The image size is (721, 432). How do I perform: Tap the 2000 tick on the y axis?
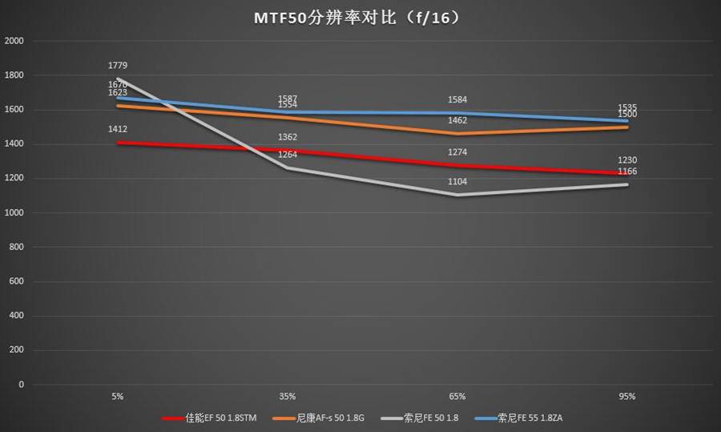point(15,41)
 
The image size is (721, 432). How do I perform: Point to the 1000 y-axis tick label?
point(15,212)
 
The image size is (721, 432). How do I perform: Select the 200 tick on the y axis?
point(18,350)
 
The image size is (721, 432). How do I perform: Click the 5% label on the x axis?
point(118,396)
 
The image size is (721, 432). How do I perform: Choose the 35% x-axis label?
point(288,396)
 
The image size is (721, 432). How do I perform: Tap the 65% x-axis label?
point(457,396)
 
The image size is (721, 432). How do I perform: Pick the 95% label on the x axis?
point(627,396)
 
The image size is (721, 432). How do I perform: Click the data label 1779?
point(118,66)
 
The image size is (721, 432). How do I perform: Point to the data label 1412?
point(118,129)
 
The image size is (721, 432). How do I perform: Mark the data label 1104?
point(457,182)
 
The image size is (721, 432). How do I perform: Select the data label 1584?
point(457,100)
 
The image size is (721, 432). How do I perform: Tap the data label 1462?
point(457,120)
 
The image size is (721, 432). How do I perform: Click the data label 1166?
point(627,172)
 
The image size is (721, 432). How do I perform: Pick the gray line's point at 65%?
point(457,195)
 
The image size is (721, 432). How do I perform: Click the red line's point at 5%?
point(118,143)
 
